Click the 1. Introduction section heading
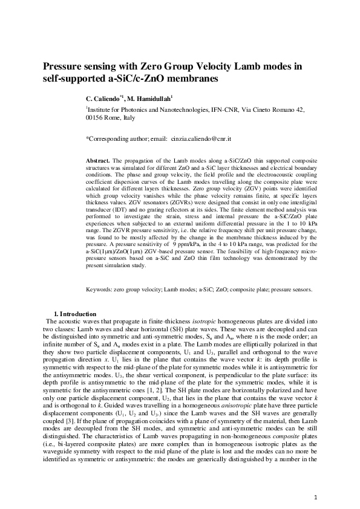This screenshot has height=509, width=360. tap(75, 314)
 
